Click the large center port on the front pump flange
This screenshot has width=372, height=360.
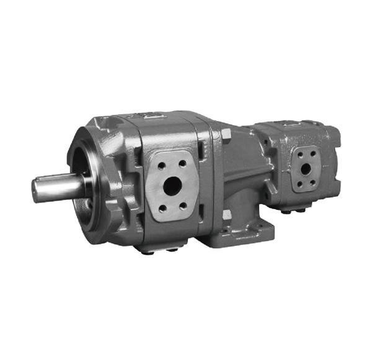click(x=172, y=186)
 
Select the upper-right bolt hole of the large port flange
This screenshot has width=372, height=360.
click(x=182, y=163)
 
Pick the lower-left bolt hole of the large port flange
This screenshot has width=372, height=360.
click(x=162, y=208)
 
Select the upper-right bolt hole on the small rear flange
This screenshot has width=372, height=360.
click(x=312, y=153)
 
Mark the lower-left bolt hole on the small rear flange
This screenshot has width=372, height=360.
click(x=299, y=183)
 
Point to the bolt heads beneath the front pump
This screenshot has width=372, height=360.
click(x=159, y=250)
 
